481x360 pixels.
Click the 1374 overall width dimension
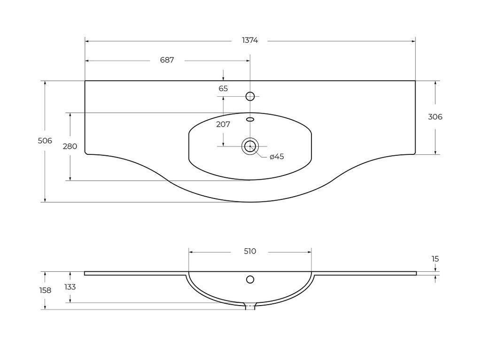(x=250, y=40)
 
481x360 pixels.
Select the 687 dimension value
(x=167, y=60)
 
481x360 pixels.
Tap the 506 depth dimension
(x=45, y=141)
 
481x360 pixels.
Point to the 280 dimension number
(x=70, y=146)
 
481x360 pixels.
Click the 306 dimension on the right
(x=435, y=117)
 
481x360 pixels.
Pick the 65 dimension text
(x=223, y=88)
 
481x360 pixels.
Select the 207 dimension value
(x=223, y=124)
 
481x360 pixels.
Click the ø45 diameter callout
(x=277, y=157)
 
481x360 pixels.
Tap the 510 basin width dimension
(x=250, y=252)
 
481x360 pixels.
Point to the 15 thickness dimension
(x=435, y=259)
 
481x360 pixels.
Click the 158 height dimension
(x=45, y=291)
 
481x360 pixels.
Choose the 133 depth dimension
(x=70, y=287)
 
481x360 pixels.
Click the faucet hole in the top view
(x=250, y=96)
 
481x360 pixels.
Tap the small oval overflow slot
(x=250, y=119)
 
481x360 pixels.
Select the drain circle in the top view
(x=250, y=146)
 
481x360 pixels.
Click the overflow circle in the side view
(x=250, y=280)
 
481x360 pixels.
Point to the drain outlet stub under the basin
(x=250, y=307)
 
